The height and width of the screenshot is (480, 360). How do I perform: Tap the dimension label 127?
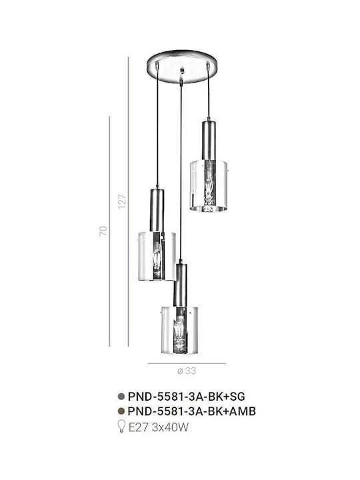click(122, 201)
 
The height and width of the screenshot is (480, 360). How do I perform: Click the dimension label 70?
click(103, 231)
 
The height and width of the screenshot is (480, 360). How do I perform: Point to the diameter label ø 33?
click(187, 371)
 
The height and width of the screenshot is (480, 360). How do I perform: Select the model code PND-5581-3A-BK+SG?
click(187, 397)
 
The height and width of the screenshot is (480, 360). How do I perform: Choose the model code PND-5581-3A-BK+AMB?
click(191, 411)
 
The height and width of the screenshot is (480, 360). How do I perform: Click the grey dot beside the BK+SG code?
click(121, 397)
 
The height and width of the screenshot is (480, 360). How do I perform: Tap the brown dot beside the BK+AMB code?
click(121, 411)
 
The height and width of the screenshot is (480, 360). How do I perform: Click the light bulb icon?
click(122, 427)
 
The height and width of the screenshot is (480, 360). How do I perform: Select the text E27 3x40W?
click(158, 427)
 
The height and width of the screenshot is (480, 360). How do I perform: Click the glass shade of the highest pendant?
click(209, 185)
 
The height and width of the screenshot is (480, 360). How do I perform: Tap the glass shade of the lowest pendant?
click(180, 330)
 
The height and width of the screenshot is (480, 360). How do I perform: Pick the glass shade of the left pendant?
click(157, 256)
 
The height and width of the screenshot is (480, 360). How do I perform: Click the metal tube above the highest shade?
click(209, 141)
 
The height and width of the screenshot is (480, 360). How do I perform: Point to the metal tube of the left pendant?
click(157, 210)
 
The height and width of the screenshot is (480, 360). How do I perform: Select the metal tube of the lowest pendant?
click(180, 285)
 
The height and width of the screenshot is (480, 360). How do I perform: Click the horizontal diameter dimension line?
click(187, 363)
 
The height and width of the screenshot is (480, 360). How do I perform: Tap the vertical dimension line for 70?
click(109, 231)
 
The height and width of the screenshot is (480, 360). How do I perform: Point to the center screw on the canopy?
click(183, 71)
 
